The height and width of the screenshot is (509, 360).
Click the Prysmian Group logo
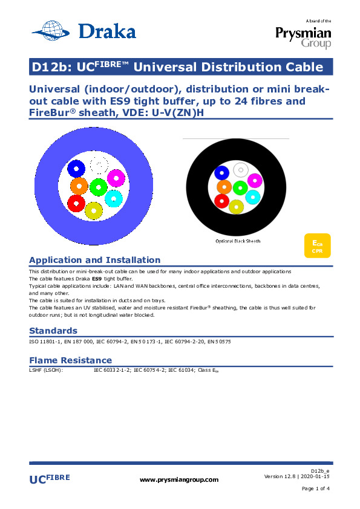coord(303,34)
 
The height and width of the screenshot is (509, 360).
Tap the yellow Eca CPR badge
coord(318,246)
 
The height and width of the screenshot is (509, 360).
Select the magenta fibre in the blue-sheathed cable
coord(116,178)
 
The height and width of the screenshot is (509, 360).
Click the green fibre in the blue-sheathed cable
coord(99,187)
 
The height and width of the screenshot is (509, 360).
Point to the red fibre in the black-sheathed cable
coord(222,201)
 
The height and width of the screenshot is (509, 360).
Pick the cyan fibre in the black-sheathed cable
coord(253,197)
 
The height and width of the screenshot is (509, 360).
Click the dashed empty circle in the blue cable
coord(99,164)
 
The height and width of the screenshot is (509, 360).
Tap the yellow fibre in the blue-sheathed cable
coord(94,210)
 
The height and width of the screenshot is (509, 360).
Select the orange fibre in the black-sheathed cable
coord(224,187)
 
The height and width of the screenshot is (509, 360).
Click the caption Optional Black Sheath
coord(238,241)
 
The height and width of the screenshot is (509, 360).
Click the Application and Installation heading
coord(95,260)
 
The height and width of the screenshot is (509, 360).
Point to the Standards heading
coord(53,331)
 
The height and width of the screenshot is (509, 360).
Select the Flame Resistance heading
coord(71,360)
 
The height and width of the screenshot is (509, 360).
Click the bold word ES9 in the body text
coord(97,279)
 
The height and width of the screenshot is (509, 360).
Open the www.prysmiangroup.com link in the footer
coord(179,480)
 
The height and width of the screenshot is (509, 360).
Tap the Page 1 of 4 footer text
coord(315,488)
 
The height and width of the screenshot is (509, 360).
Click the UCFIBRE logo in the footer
coord(50,479)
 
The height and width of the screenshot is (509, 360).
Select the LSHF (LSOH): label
coord(46,370)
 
